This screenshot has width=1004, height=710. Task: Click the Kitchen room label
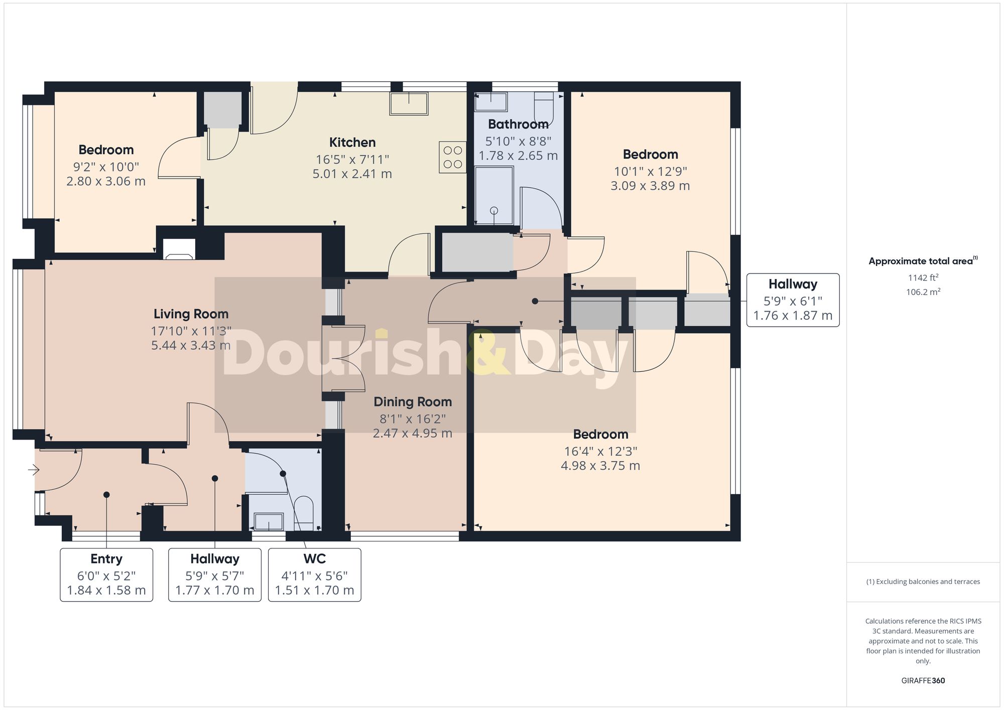352,143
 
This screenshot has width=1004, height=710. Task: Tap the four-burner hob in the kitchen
452,157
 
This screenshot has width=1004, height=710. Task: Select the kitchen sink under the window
409,103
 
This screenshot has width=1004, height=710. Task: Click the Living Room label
191,314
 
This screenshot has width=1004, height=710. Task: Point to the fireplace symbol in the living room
179,250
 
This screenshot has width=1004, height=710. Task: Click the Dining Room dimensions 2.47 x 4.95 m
412,433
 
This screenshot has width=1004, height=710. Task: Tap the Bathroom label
518,124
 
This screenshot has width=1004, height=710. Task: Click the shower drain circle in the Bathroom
494,211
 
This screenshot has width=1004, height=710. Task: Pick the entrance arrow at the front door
34,470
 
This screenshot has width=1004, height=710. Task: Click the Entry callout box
106,575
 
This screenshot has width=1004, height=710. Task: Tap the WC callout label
314,559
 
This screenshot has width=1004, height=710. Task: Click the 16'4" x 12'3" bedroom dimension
600,451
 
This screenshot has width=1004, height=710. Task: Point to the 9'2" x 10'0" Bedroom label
106,150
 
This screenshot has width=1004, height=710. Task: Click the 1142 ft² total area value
923,277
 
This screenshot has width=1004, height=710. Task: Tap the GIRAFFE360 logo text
923,680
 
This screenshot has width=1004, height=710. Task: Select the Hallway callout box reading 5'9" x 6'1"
793,300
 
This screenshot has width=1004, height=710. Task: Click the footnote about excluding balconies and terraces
923,582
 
